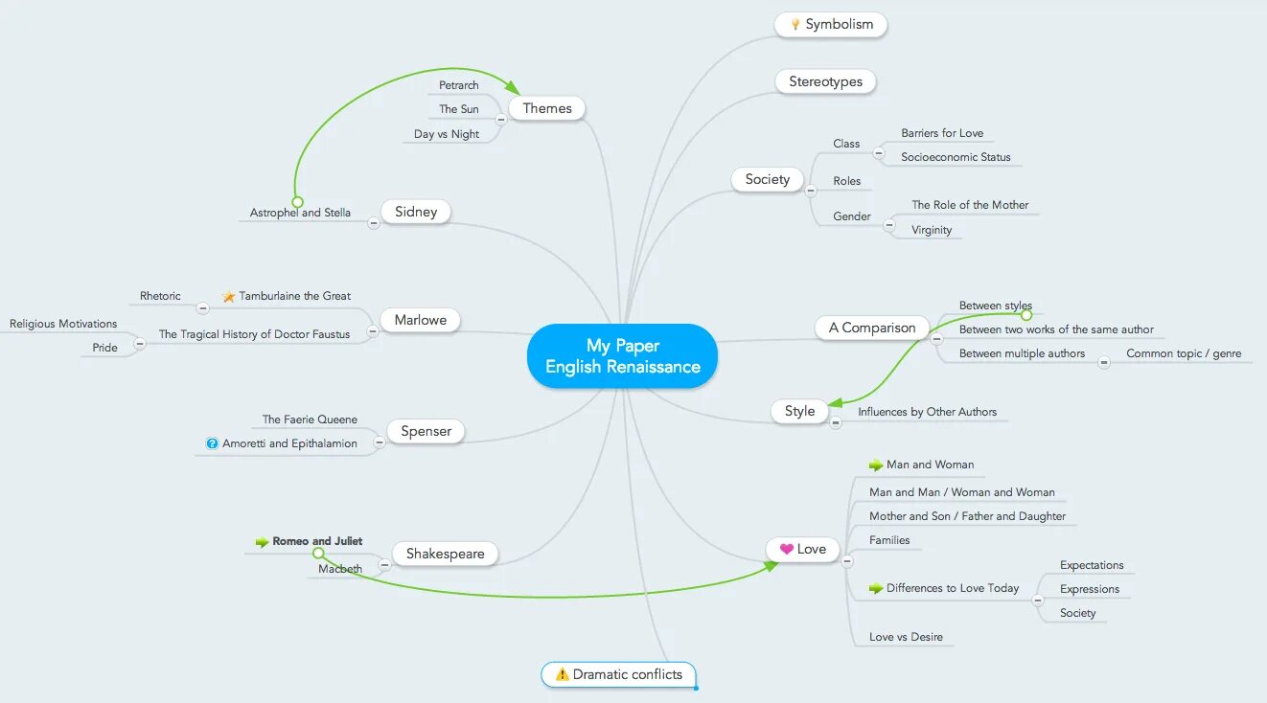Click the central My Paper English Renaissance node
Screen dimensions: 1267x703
click(622, 356)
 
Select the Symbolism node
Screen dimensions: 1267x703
click(831, 25)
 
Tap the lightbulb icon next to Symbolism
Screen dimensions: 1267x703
click(795, 25)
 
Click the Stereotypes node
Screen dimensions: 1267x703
click(825, 82)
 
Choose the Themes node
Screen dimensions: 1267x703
click(547, 109)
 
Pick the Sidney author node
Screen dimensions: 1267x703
click(416, 213)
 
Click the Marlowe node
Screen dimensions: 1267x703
click(420, 321)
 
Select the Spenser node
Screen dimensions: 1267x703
click(426, 432)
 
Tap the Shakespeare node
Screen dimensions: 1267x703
click(445, 555)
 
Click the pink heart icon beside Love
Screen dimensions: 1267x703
click(786, 550)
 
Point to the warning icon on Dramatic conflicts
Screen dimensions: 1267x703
click(562, 675)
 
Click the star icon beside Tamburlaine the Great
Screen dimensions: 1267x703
click(229, 297)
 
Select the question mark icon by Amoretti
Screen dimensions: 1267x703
click(212, 444)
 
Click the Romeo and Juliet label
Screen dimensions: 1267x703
click(317, 542)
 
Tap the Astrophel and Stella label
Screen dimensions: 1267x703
click(300, 214)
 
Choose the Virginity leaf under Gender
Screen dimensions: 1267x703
click(932, 231)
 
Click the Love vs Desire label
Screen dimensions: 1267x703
click(906, 637)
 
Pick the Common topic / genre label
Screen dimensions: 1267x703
click(1183, 354)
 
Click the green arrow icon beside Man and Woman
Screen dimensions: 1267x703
click(875, 465)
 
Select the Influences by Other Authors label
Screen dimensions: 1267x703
click(927, 413)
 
